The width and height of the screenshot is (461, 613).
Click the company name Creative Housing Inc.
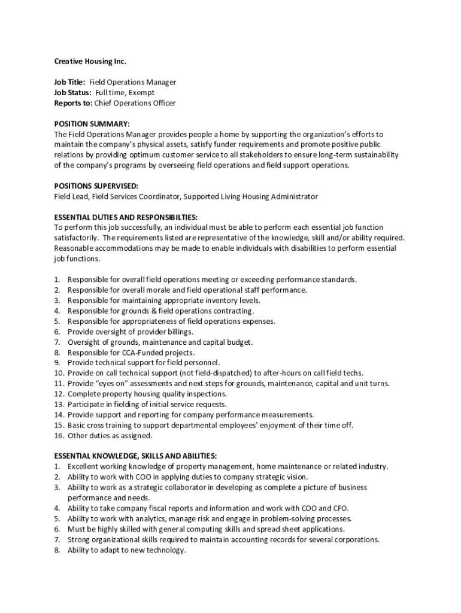click(x=90, y=62)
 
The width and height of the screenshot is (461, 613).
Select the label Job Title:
click(x=69, y=82)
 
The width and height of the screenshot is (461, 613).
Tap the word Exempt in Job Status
click(x=140, y=93)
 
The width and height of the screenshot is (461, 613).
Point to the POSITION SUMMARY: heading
click(x=91, y=124)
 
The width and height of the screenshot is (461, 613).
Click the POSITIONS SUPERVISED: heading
click(x=96, y=186)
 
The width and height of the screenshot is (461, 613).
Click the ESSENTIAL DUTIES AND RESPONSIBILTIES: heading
click(x=126, y=217)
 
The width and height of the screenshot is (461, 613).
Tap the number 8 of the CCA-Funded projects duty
click(x=57, y=353)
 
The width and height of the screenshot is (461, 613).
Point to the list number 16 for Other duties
click(x=59, y=436)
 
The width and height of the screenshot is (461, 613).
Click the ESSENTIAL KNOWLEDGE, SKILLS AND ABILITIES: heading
click(x=135, y=456)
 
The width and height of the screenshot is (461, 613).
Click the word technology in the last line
click(x=163, y=550)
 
